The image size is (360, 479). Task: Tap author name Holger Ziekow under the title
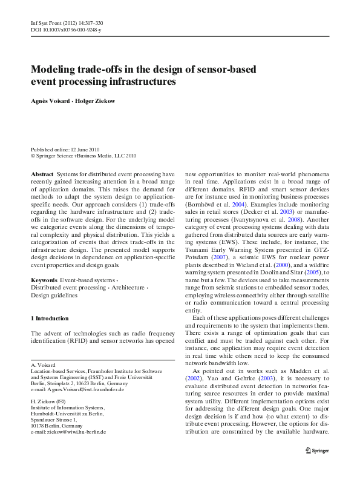point(94,100)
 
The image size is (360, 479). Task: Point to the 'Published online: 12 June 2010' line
point(65,149)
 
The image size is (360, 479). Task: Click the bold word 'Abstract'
point(42,174)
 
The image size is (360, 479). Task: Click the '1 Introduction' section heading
point(50,319)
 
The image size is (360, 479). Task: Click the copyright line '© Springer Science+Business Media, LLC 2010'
point(83,156)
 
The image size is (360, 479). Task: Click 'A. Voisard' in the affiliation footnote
point(43,366)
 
